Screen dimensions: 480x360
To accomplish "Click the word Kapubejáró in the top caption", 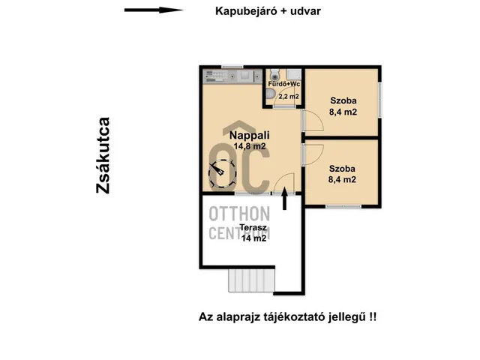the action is (246, 11).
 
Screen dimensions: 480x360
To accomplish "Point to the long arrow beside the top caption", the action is (154, 10).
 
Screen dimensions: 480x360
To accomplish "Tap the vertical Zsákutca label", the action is (103, 155).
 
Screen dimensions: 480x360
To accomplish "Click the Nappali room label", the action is (250, 135).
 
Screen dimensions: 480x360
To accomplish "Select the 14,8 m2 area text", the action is (250, 146).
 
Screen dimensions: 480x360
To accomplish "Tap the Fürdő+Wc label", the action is (284, 84).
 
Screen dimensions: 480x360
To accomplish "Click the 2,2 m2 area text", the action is (288, 97).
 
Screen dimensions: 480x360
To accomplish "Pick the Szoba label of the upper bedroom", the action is (343, 100).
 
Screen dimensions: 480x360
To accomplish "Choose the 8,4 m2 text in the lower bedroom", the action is (342, 179).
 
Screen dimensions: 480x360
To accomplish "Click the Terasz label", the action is (253, 228).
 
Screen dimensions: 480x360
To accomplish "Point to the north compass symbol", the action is (222, 175).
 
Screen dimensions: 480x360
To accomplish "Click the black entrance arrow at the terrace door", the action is (284, 198).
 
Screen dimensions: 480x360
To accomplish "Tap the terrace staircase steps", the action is (252, 280).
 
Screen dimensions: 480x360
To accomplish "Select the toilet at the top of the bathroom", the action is (275, 74).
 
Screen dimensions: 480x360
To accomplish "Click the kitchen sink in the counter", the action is (244, 75).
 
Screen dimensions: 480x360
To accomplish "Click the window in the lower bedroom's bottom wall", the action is (343, 207).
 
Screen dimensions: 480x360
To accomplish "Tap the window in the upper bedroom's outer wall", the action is (379, 100).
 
